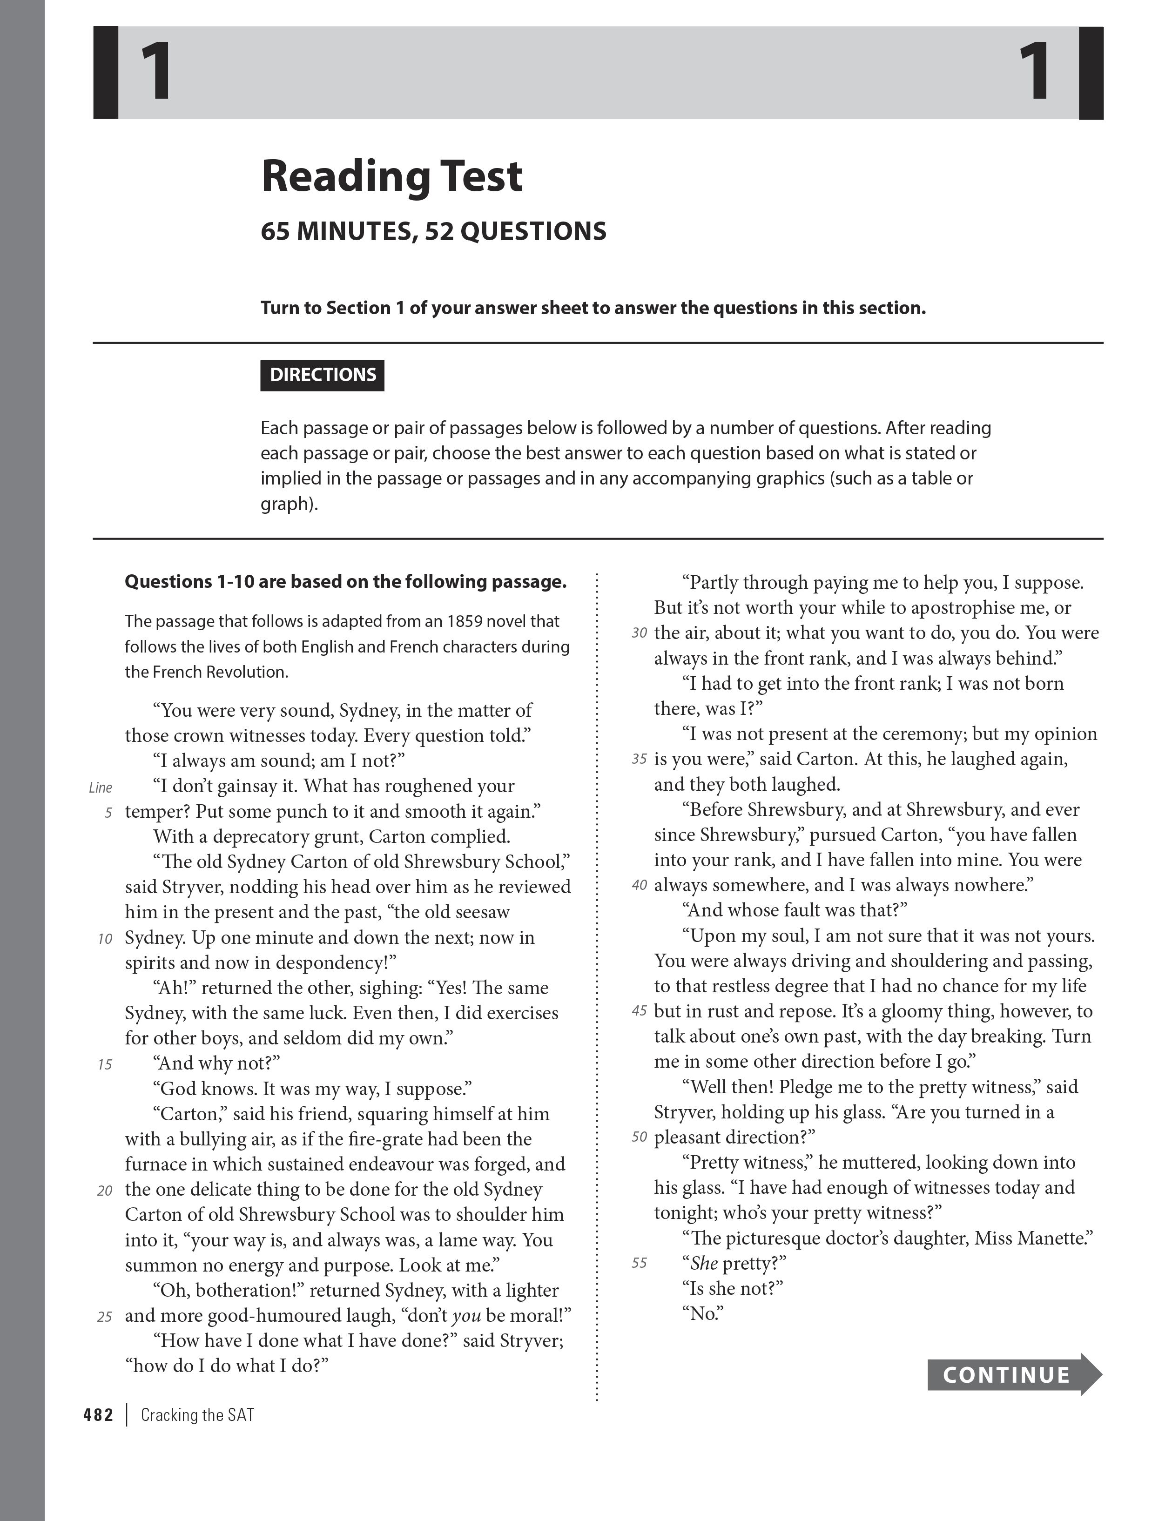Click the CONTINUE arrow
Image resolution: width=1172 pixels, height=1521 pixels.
click(x=1013, y=1374)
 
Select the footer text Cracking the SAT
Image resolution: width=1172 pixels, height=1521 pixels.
click(x=197, y=1414)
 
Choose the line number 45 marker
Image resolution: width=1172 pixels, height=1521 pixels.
click(x=639, y=1010)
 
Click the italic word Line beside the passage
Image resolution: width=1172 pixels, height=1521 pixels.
click(x=100, y=787)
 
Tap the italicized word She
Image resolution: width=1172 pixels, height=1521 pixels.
click(x=704, y=1263)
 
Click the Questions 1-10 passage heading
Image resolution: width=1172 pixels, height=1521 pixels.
click(x=345, y=581)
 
